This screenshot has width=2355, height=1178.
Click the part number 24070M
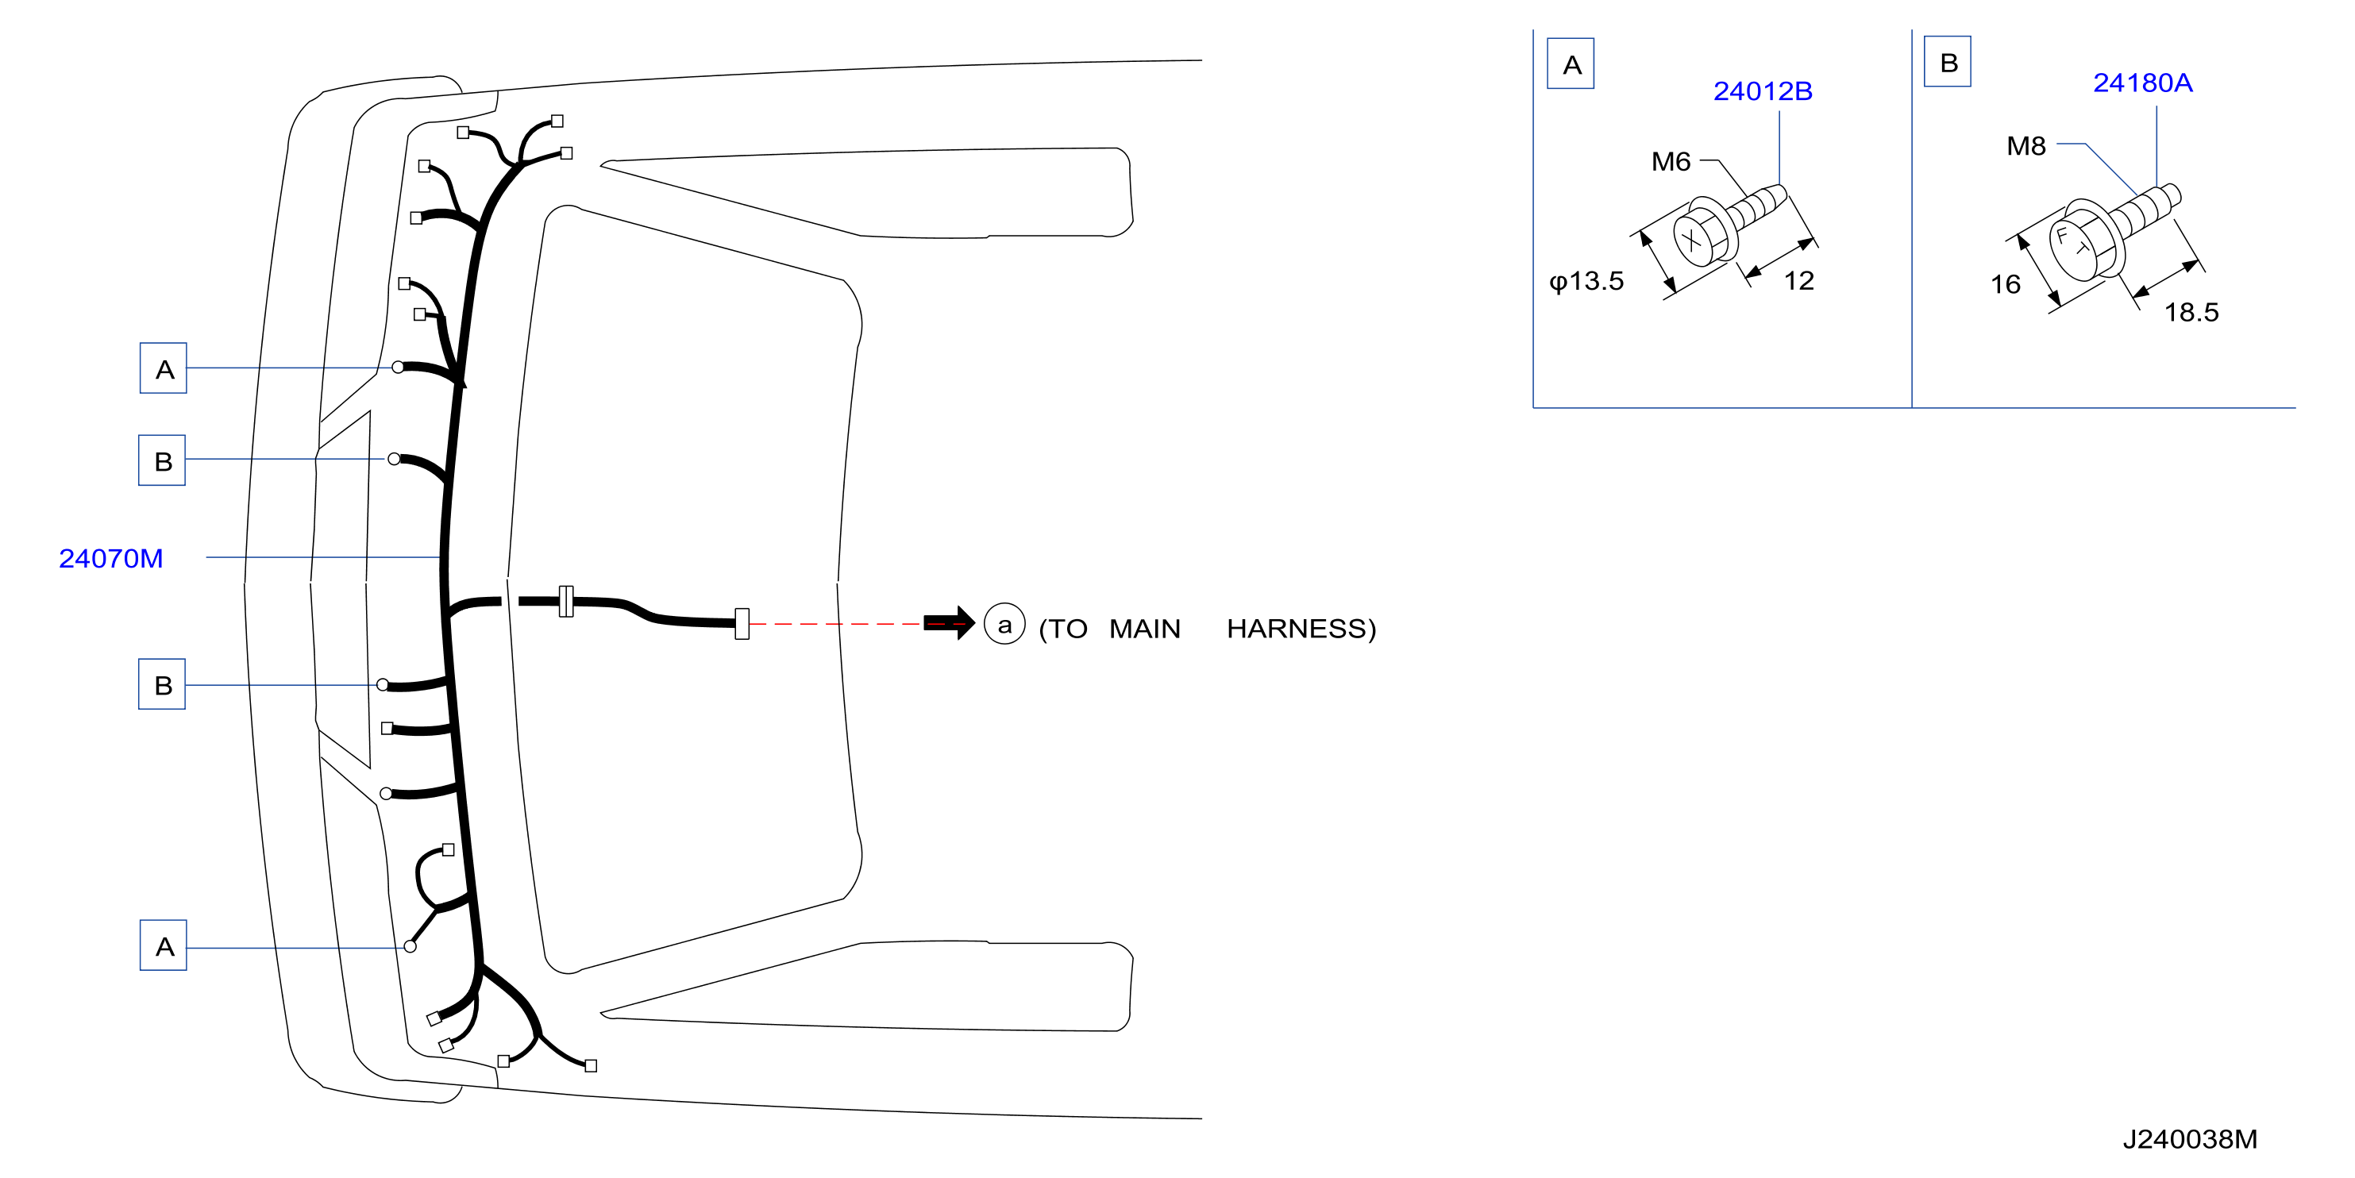pos(110,558)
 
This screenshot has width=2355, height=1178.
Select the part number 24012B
pos(1762,91)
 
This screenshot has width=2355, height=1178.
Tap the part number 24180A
pos(2142,83)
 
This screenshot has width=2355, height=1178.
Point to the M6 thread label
pos(1671,162)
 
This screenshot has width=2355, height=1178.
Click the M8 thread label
pos(2025,146)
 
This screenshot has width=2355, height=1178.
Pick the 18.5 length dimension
pos(2191,313)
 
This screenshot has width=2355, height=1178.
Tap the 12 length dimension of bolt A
pos(1798,280)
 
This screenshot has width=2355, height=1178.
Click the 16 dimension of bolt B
pos(2005,284)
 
